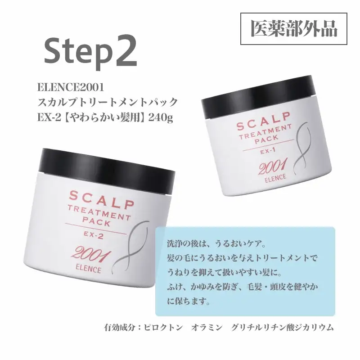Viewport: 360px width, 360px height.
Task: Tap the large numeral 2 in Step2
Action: [x=122, y=52]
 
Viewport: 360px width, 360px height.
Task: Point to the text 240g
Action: [x=161, y=118]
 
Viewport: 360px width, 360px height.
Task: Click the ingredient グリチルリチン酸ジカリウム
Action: [x=282, y=328]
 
